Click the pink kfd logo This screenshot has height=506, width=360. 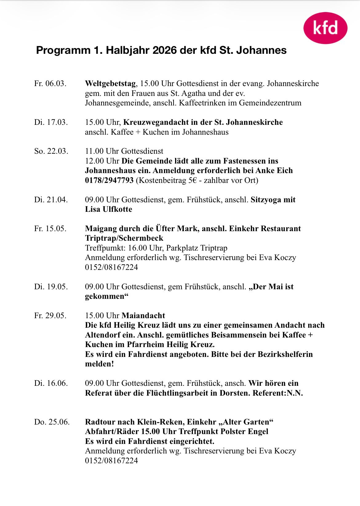(x=325, y=28)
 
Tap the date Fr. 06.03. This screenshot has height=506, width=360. (x=50, y=84)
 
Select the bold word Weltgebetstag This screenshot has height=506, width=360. (x=110, y=84)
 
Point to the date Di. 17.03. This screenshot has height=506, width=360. (x=51, y=122)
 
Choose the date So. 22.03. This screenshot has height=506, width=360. (x=51, y=151)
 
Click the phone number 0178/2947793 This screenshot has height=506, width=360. (x=109, y=180)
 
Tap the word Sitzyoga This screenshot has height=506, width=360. (x=266, y=200)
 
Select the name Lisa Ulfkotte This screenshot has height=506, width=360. (x=109, y=209)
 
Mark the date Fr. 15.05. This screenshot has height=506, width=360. (x=50, y=229)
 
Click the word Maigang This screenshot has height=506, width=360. (x=99, y=229)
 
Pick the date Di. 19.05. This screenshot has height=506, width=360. (x=51, y=287)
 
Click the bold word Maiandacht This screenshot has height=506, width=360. (x=143, y=316)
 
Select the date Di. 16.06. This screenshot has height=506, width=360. (x=51, y=383)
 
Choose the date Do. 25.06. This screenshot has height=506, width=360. (x=52, y=422)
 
